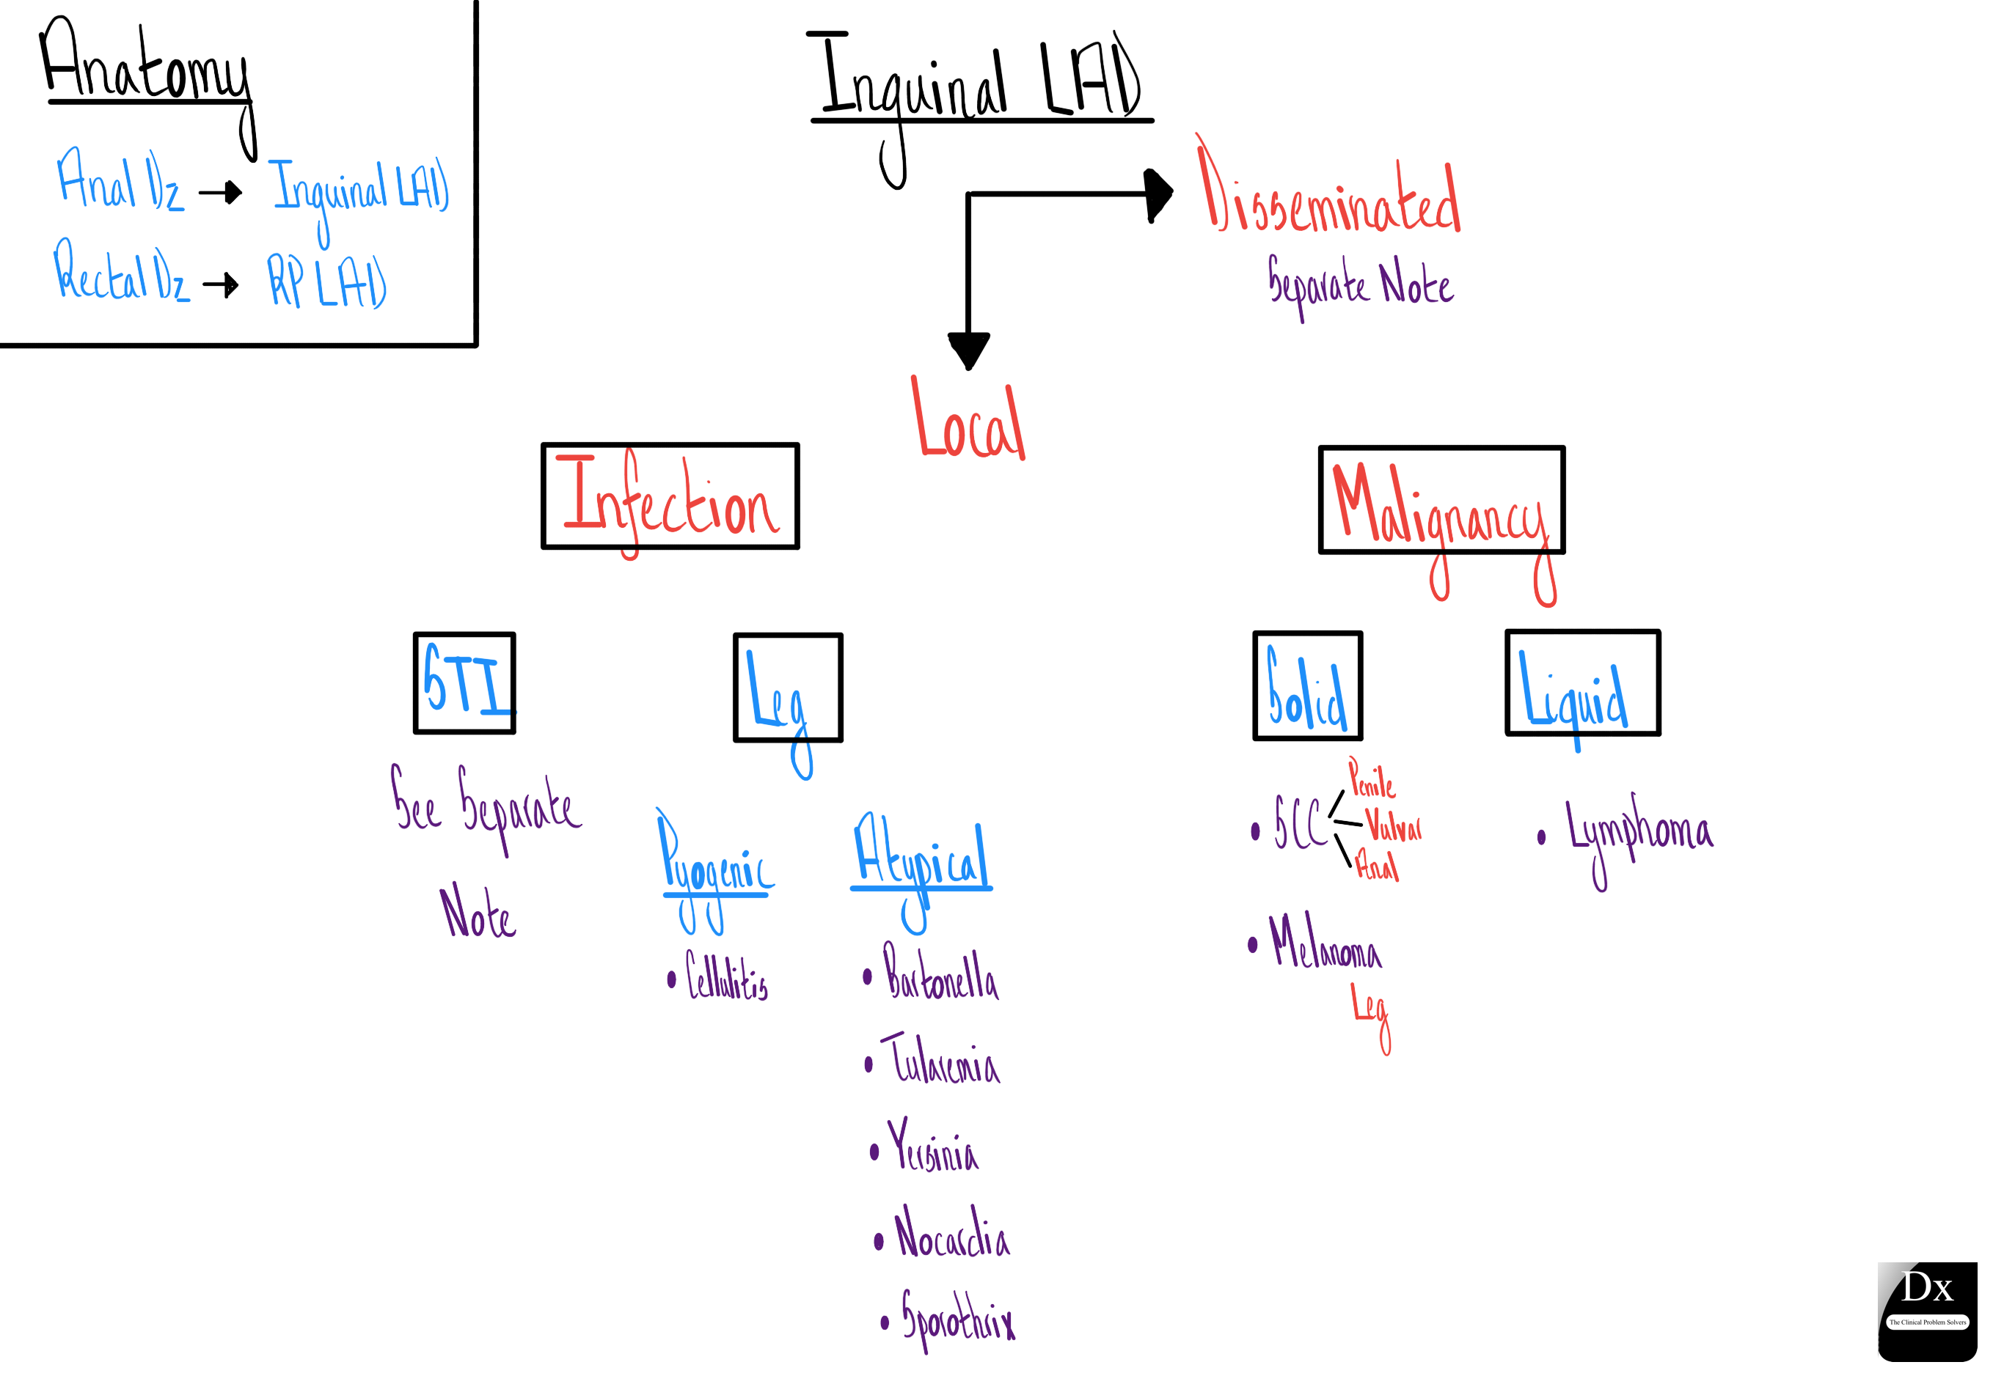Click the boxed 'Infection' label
pos(670,497)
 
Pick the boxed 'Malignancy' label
pos(1441,501)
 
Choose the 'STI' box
pos(464,683)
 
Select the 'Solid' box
pos(1307,686)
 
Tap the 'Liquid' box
pos(1581,683)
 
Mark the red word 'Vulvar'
pos(1393,825)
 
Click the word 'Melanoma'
pos(1324,943)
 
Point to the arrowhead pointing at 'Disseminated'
pos(1159,194)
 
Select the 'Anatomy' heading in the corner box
pos(146,65)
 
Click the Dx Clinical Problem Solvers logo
pos(1927,1309)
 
